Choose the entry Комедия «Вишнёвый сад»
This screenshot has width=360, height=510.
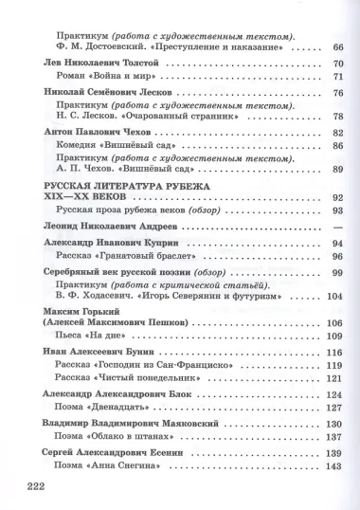pyautogui.click(x=116, y=146)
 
